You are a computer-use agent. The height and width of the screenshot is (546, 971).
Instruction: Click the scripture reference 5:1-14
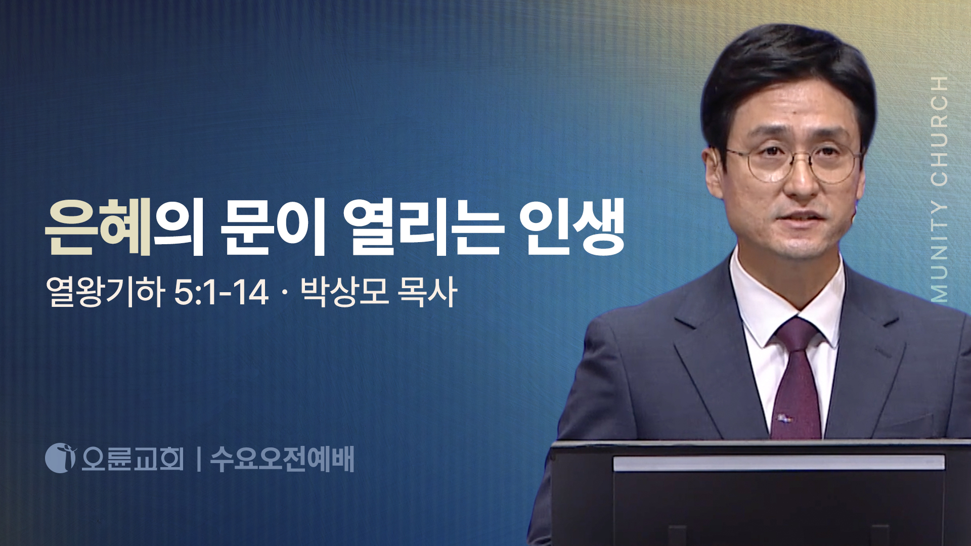[x=221, y=292]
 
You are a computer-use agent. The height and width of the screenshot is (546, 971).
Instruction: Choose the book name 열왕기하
[x=105, y=292]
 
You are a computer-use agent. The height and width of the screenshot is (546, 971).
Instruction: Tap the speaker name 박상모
[x=344, y=292]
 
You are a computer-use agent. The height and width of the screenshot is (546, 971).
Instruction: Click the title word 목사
[x=427, y=292]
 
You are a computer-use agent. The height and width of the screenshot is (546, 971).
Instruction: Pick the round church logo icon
[x=60, y=458]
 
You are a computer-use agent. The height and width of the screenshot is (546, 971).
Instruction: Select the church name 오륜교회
[x=133, y=459]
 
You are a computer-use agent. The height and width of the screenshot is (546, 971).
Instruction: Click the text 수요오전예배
[x=282, y=459]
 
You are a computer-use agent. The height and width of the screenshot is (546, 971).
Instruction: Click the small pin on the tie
[x=785, y=418]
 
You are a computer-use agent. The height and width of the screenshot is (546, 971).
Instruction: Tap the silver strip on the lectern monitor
[x=779, y=463]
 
